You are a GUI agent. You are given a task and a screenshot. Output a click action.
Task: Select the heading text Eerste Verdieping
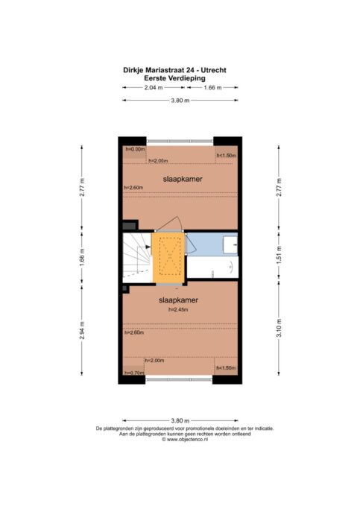(174, 78)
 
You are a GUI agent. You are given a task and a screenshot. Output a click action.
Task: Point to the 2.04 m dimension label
(154, 88)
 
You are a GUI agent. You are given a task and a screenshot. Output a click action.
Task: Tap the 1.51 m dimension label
(279, 255)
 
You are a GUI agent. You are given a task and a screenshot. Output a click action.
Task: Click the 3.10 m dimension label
(279, 328)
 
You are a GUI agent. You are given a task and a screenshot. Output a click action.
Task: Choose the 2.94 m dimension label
(82, 330)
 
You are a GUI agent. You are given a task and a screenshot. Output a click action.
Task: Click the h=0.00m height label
(135, 149)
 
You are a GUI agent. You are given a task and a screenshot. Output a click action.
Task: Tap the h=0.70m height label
(134, 373)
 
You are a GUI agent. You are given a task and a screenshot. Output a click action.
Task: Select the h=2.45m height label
(178, 310)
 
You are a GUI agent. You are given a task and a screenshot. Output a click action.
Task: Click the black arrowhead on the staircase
(148, 247)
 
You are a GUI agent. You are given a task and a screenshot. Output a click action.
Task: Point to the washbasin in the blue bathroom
(230, 244)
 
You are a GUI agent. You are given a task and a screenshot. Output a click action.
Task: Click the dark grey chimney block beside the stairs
(130, 224)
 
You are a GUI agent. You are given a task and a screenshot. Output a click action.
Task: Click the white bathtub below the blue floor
(212, 267)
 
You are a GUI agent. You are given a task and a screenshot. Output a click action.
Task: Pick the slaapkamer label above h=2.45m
(178, 300)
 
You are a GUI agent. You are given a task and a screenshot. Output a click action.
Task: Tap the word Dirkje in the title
(133, 71)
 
